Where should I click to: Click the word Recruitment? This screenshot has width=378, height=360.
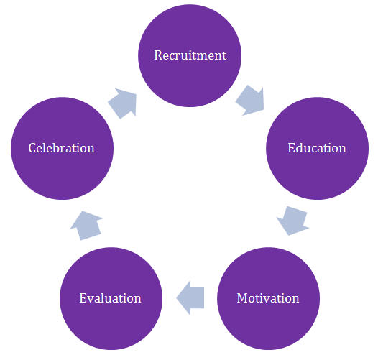coord(190,55)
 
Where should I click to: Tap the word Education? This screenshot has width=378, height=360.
coord(317,148)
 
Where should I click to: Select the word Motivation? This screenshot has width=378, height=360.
coord(268,298)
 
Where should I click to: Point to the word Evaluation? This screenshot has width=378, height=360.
coord(110,298)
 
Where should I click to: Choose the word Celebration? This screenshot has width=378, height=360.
coord(61,148)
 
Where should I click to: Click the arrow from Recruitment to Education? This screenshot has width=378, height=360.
coord(251,100)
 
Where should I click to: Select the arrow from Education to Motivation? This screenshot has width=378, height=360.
coord(293,221)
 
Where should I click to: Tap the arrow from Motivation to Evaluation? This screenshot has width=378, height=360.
coord(190,298)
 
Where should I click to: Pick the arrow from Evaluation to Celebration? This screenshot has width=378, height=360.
coord(86,226)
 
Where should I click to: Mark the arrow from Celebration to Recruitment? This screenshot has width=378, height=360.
coord(123,103)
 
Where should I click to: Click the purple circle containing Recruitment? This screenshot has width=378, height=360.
coord(190,56)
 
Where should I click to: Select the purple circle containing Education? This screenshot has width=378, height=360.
coord(317,148)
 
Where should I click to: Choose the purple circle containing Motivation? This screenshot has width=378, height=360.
coord(268,298)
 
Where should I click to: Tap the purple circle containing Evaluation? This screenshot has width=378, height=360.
coord(111,298)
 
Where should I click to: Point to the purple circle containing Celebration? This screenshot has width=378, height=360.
coord(62,148)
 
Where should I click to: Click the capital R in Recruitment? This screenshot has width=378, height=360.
coord(158,55)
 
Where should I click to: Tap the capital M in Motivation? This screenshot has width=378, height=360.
coord(242,298)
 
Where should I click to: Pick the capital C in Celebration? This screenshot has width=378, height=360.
coord(32,148)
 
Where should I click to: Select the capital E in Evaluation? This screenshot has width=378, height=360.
coord(83,298)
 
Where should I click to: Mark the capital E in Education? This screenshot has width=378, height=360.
coord(292,148)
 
